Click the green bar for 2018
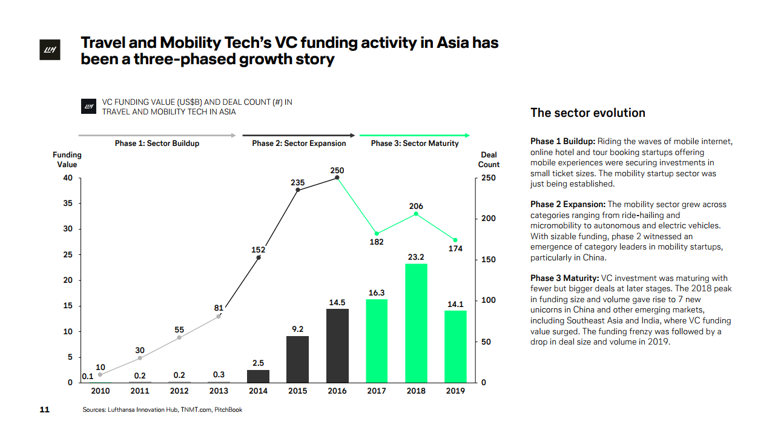click(x=416, y=323)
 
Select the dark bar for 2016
click(x=337, y=345)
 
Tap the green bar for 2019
click(x=455, y=346)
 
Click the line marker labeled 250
click(x=337, y=178)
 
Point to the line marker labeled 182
click(x=377, y=233)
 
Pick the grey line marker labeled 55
click(x=179, y=337)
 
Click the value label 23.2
click(x=416, y=257)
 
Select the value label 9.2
click(x=297, y=329)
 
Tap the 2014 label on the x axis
click(x=258, y=391)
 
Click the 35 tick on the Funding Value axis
click(x=68, y=203)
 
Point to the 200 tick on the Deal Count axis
click(x=488, y=219)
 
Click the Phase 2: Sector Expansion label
click(x=299, y=144)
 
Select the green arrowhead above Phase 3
click(x=467, y=135)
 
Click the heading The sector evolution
click(x=587, y=113)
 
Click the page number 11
click(x=44, y=410)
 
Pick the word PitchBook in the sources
click(x=228, y=410)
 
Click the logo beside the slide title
click(x=48, y=51)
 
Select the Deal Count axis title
click(x=489, y=160)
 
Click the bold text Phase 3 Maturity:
click(x=564, y=278)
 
